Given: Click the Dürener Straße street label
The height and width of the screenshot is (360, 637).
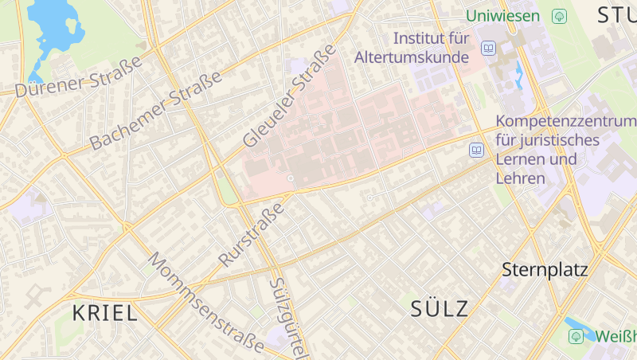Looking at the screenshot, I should [x=78, y=76].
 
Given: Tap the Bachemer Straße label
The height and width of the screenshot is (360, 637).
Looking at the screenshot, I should [x=155, y=111].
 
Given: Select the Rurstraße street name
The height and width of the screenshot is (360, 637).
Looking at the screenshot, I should [x=252, y=234].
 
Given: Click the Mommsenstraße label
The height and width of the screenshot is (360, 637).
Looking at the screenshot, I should [x=205, y=303].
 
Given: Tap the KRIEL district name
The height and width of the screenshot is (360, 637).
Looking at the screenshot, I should [x=105, y=313].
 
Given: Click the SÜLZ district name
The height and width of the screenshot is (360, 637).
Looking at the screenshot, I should [x=440, y=309].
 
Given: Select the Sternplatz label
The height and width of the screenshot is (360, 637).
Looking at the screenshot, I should [x=545, y=270].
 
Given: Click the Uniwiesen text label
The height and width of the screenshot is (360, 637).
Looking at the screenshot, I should [x=504, y=15].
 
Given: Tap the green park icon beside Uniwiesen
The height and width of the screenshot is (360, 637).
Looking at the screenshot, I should [x=559, y=15].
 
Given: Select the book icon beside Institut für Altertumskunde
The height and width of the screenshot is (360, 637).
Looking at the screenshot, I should [x=488, y=49].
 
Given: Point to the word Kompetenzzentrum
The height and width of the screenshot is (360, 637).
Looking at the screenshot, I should [x=565, y=122].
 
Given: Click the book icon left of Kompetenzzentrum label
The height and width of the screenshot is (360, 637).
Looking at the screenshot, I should [x=476, y=150].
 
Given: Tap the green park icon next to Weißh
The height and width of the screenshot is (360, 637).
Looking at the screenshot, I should [x=576, y=337].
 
